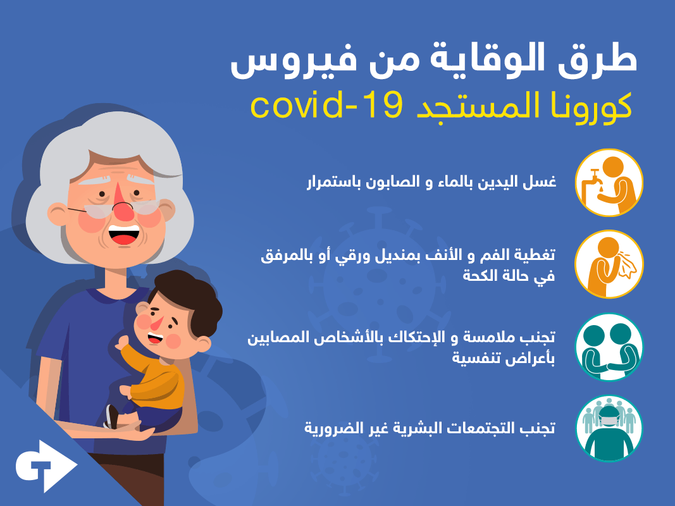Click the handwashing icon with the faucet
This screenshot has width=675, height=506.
click(609, 182)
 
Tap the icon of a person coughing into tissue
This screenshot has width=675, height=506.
click(609, 264)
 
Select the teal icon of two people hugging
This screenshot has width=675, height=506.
click(609, 347)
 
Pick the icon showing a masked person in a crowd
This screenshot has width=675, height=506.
click(609, 429)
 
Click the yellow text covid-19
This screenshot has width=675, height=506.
click(327, 106)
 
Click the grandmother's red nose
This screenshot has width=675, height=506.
click(125, 208)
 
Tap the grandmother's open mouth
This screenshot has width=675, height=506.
click(123, 235)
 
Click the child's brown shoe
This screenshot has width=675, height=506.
click(113, 416)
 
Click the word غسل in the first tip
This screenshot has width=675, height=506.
click(540, 182)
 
